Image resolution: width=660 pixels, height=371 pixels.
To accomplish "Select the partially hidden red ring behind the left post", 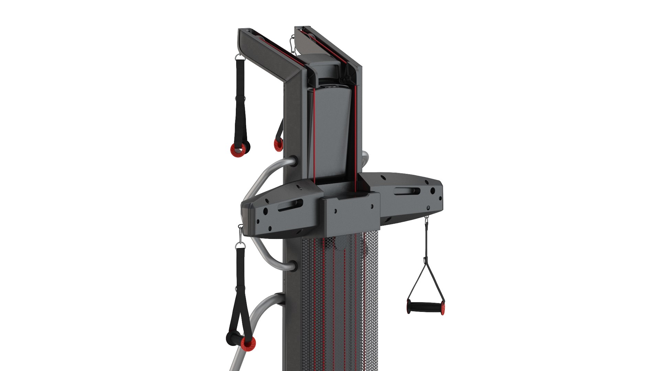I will (x=278, y=145).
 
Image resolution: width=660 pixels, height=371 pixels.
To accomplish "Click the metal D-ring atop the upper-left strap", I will (x=240, y=57).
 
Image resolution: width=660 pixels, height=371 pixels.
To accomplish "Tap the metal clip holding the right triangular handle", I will (x=427, y=220).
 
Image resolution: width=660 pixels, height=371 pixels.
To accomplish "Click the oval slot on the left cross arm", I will (x=290, y=205).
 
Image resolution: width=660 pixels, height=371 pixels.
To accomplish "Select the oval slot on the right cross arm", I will (x=407, y=191).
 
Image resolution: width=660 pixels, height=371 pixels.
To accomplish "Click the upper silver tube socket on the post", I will (x=293, y=161).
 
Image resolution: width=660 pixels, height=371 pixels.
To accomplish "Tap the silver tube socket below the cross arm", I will (x=292, y=266).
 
